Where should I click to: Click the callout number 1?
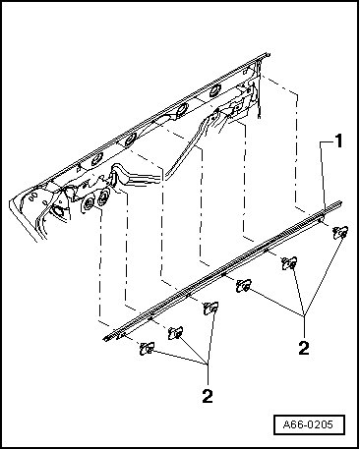pyautogui.click(x=337, y=141)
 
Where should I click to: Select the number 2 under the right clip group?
pyautogui.click(x=304, y=348)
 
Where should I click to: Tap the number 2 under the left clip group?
pyautogui.click(x=208, y=396)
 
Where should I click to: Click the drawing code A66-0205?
pyautogui.click(x=308, y=424)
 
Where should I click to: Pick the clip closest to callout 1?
pyautogui.click(x=340, y=233)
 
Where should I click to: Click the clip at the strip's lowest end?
pyautogui.click(x=147, y=349)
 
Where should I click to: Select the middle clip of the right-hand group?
pyautogui.click(x=289, y=263)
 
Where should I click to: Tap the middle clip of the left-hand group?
pyautogui.click(x=175, y=333)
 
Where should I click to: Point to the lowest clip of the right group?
pyautogui.click(x=244, y=286)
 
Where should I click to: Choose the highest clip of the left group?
pyautogui.click(x=210, y=309)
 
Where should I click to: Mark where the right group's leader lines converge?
pyautogui.click(x=305, y=315)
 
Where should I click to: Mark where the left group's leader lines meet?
pyautogui.click(x=208, y=364)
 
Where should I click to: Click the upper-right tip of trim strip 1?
pyautogui.click(x=341, y=202)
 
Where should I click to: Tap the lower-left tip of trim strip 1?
pyautogui.click(x=103, y=339)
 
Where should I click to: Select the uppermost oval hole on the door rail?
pyautogui.click(x=215, y=90)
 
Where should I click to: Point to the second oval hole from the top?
pyautogui.click(x=181, y=109)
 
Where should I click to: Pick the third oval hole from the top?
pyautogui.click(x=130, y=140)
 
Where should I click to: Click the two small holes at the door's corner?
pyautogui.click(x=33, y=197)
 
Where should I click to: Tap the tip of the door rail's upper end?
pyautogui.click(x=270, y=54)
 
